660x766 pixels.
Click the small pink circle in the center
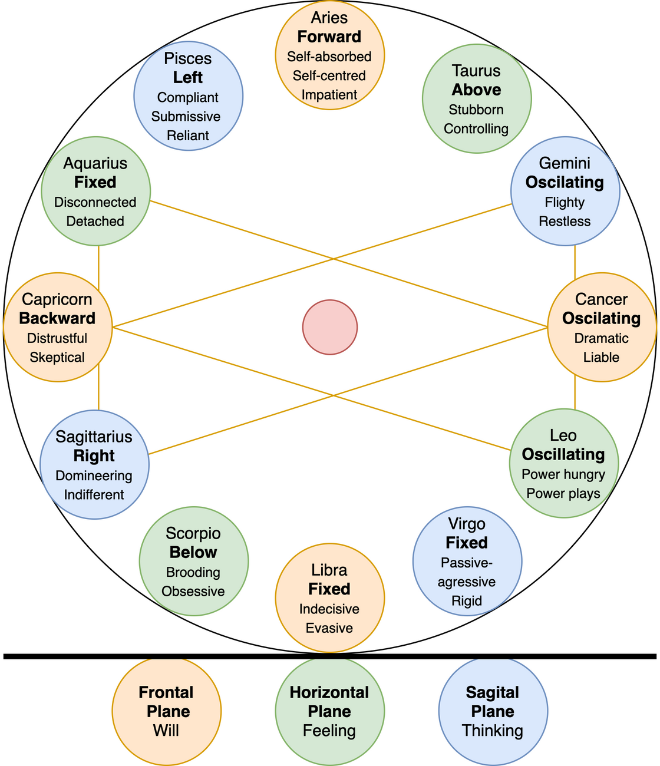tap(329, 327)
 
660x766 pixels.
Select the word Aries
tap(329, 18)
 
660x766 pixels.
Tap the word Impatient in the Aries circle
tap(329, 95)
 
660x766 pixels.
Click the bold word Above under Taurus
tap(476, 90)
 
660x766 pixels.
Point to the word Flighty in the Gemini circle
tap(565, 202)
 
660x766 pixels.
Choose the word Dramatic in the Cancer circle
tap(601, 338)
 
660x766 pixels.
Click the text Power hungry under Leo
tap(563, 474)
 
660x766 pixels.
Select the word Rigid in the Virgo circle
tap(467, 601)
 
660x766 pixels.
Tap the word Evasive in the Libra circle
tap(329, 628)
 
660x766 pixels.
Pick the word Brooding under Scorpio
tap(193, 572)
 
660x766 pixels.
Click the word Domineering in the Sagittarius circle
tap(94, 476)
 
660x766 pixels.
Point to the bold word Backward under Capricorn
tap(57, 318)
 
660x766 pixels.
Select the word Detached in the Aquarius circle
tap(95, 221)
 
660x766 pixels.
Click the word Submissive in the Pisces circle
tap(186, 116)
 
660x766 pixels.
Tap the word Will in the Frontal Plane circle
tap(166, 731)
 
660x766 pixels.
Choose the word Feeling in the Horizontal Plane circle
tap(329, 731)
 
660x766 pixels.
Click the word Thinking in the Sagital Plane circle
tap(493, 731)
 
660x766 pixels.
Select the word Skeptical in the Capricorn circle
tap(57, 357)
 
